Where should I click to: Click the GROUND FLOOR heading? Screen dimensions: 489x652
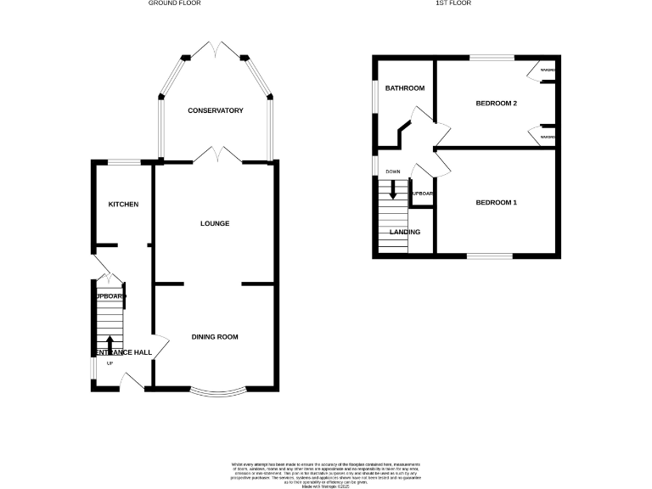point(175,3)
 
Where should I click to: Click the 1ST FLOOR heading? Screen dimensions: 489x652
point(452,3)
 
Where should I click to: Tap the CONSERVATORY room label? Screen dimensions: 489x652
point(216,111)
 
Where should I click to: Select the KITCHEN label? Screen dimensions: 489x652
point(123,205)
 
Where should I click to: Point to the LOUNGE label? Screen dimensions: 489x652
point(215,223)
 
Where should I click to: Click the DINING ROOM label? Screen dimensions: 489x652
point(215,337)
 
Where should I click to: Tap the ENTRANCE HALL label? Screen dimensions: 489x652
point(122,352)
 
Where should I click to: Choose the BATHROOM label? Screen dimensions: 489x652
point(405,88)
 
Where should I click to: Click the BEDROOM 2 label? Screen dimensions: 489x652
point(497,104)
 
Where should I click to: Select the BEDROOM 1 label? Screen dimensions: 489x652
point(497,203)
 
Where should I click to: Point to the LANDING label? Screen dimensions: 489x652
point(404,232)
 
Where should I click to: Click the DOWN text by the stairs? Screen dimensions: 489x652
point(392,172)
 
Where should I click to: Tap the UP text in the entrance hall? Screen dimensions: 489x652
point(110,363)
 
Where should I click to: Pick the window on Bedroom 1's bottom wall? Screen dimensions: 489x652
point(488,256)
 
